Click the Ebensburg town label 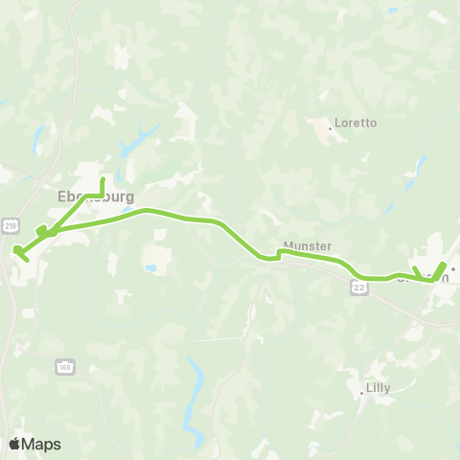[x=96, y=196]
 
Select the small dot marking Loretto [x=330, y=125]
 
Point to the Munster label [x=307, y=246]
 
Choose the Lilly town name [x=379, y=389]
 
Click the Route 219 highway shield [x=10, y=225]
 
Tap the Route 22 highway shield [x=358, y=288]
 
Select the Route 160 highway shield [x=64, y=366]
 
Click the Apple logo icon [x=14, y=444]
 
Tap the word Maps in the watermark [x=41, y=444]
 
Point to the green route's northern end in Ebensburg [x=102, y=177]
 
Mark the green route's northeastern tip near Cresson [x=444, y=264]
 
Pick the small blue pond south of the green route [x=151, y=268]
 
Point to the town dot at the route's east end [x=452, y=269]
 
